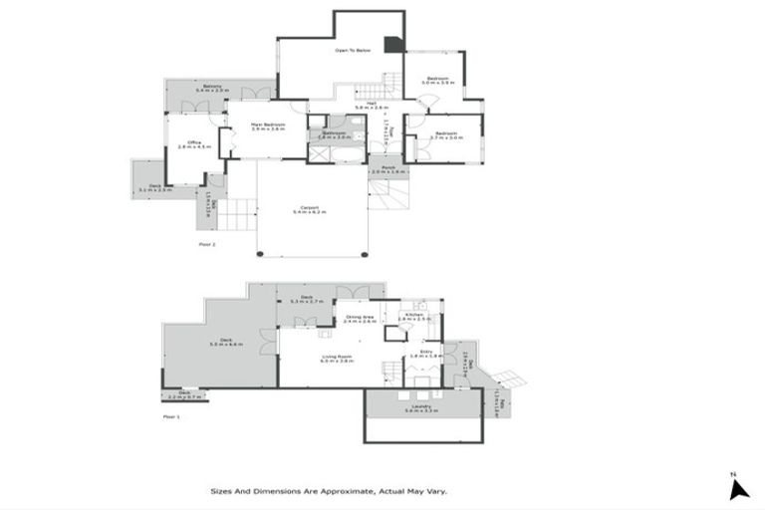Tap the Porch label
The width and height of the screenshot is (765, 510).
click(389, 169)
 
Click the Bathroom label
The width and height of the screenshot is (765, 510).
click(334, 134)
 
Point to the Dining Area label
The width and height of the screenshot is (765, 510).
click(359, 320)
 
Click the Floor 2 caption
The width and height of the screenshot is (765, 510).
click(207, 243)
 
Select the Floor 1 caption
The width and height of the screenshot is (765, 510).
click(171, 416)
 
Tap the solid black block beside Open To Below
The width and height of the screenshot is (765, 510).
click(396, 43)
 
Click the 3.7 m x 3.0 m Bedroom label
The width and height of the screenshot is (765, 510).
click(445, 135)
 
